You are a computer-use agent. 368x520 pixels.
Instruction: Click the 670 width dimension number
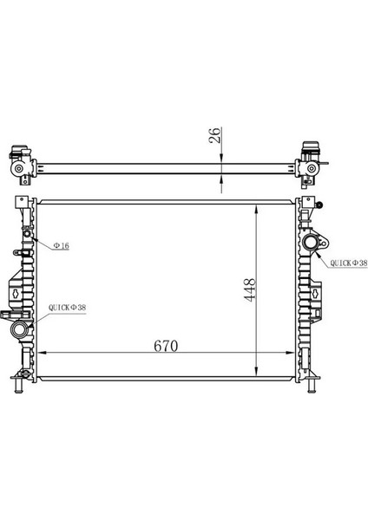pos(166,345)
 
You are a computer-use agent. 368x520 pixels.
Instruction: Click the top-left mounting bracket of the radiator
pos(19,205)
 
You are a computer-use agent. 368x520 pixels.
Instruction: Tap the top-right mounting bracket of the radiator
pos(308,205)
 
